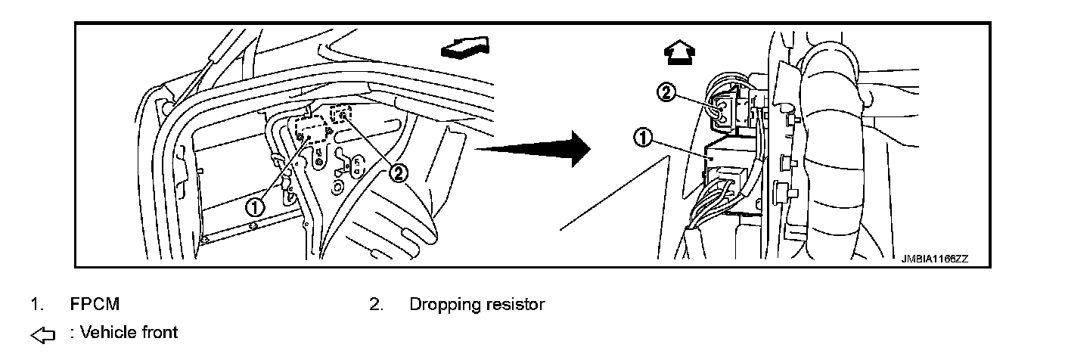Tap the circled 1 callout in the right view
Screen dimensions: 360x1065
642,138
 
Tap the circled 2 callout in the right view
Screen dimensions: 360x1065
665,92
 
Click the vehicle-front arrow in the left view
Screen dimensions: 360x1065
463,48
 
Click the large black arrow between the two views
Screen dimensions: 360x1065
537,148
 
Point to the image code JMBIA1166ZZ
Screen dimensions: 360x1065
934,258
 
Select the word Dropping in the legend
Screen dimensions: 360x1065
442,305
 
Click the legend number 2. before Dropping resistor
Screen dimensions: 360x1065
376,305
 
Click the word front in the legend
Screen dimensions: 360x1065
158,332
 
